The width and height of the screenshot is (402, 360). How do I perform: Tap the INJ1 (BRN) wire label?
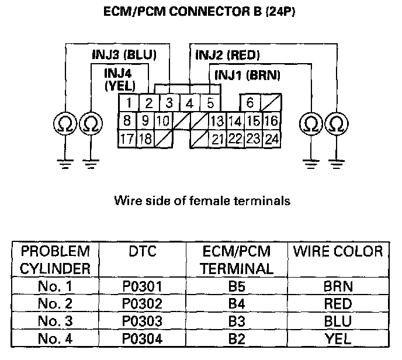[248, 75]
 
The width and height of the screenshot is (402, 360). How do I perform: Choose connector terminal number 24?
[271, 139]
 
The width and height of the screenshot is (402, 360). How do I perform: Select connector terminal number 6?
[249, 103]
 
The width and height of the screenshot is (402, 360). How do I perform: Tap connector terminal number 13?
[217, 122]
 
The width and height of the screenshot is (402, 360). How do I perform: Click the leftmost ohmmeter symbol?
[63, 123]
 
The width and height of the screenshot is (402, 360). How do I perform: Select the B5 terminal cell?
[237, 287]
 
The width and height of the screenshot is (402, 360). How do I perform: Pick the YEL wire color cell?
[337, 337]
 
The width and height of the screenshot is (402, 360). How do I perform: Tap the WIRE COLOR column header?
[338, 252]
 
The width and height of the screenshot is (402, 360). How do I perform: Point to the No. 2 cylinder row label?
[55, 304]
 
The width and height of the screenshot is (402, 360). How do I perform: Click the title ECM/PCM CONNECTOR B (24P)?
[200, 11]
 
